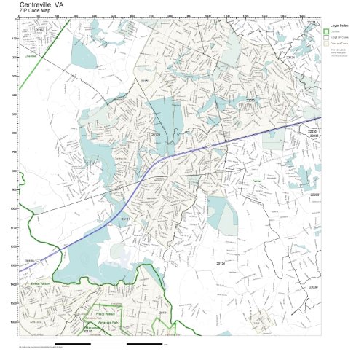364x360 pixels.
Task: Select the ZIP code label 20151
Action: point(145,81)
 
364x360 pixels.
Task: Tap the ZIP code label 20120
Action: point(155,135)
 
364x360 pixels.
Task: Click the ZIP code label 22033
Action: point(250,100)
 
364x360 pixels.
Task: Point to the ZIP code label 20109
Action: point(30,260)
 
